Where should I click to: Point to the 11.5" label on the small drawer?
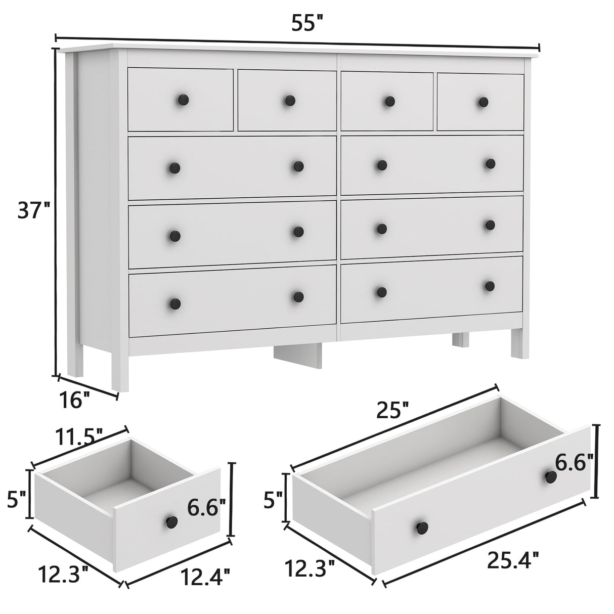(x=79, y=434)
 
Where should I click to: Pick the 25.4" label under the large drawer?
(x=513, y=559)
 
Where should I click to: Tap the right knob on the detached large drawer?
(x=550, y=476)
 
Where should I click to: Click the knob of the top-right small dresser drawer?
(x=484, y=102)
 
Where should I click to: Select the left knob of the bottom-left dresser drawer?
(x=175, y=303)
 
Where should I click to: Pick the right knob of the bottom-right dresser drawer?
(x=490, y=286)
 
